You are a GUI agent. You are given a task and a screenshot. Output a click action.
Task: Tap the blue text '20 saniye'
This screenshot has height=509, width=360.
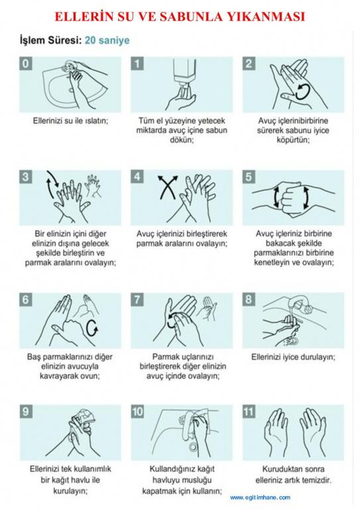point(107,40)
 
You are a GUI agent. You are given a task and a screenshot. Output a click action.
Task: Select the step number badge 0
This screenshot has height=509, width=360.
point(26,64)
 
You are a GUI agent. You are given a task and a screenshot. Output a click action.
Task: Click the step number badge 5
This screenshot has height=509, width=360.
point(249,176)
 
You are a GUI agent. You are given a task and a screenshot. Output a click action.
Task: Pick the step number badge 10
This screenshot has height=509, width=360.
point(137,412)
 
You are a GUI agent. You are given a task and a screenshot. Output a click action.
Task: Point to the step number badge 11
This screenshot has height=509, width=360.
point(249,412)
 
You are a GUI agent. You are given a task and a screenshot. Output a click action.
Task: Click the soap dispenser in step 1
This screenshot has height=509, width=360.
point(183,76)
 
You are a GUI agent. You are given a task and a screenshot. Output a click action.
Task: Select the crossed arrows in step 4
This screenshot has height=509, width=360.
point(168,188)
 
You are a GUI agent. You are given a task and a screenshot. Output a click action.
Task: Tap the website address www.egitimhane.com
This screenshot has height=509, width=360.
point(261,497)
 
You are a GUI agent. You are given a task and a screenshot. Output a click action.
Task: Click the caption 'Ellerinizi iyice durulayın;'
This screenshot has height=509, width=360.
point(293,357)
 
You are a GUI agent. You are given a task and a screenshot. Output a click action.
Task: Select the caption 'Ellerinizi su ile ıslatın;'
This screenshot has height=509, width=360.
point(70,121)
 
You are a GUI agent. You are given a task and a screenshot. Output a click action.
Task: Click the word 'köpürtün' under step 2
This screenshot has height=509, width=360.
point(292,140)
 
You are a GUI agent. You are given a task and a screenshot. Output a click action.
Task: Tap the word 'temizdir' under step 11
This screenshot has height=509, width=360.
point(317,480)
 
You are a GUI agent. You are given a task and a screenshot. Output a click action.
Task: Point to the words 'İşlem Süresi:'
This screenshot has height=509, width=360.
point(50,40)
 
